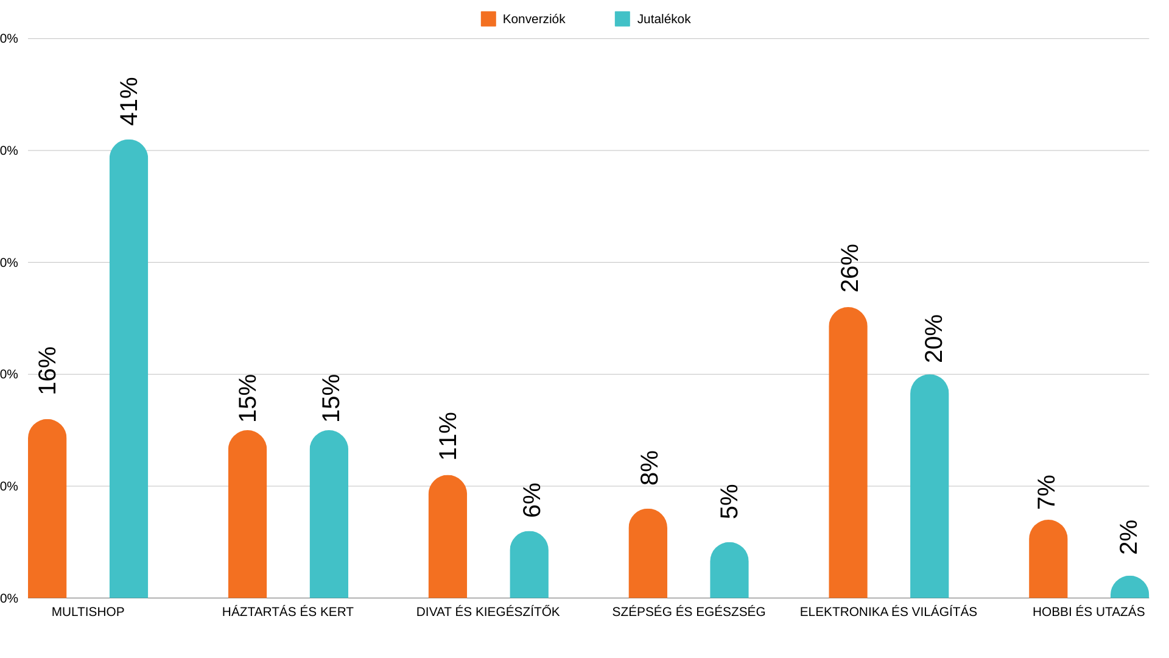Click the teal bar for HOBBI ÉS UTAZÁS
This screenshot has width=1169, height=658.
(x=1129, y=587)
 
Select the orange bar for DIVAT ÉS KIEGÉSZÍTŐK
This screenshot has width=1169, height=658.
(x=448, y=537)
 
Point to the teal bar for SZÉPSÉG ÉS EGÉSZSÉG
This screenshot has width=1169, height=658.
(x=729, y=570)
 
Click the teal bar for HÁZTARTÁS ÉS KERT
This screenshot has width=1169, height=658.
(x=329, y=514)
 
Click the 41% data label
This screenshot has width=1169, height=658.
(x=129, y=101)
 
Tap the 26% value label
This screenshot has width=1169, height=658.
(x=849, y=268)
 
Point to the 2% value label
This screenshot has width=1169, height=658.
(x=1129, y=537)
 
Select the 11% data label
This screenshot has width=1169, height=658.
(x=448, y=436)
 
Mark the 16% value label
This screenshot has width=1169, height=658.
(x=47, y=370)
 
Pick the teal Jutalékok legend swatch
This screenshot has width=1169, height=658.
(x=622, y=19)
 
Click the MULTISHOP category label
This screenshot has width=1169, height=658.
(x=88, y=612)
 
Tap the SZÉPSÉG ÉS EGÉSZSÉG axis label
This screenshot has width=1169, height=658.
(x=689, y=612)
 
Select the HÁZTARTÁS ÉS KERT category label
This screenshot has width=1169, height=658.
(x=287, y=612)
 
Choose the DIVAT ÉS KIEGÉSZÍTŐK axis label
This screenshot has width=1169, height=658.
(x=488, y=612)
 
